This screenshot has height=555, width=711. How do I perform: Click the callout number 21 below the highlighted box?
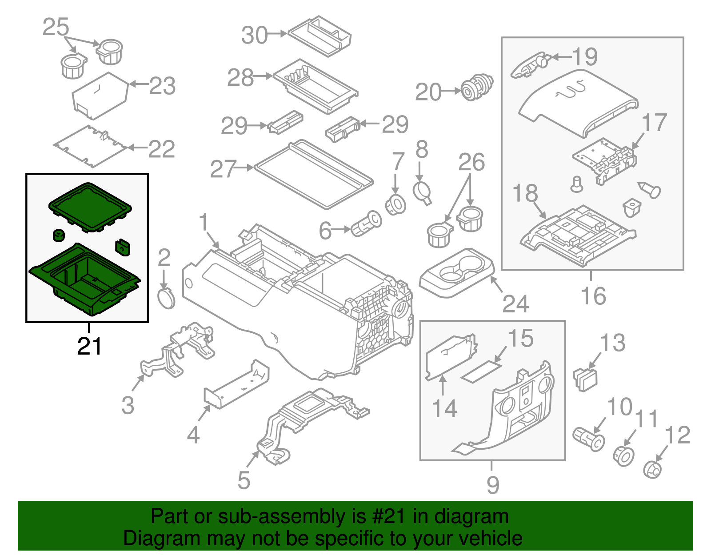click(x=89, y=346)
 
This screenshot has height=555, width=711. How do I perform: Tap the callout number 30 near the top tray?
click(x=254, y=35)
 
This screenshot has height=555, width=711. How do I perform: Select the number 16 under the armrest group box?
click(x=593, y=296)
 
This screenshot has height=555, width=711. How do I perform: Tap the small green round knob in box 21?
click(x=59, y=235)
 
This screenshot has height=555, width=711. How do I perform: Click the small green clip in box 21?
click(x=123, y=248)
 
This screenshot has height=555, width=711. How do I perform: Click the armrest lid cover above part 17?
click(x=578, y=102)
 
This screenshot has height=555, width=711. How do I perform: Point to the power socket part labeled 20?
click(x=476, y=87)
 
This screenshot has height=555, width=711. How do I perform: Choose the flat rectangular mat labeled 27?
click(x=313, y=176)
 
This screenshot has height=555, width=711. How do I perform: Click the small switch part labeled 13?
click(x=586, y=379)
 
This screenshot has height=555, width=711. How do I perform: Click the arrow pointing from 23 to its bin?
click(x=138, y=84)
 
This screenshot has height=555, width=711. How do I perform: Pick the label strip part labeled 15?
click(x=482, y=371)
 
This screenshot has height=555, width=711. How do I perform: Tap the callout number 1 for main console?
click(x=204, y=222)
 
